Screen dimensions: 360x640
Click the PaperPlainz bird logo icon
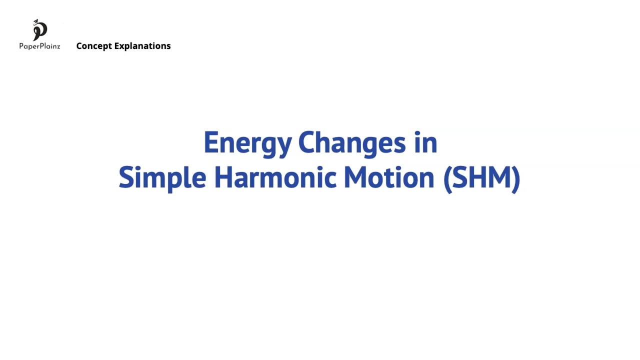point(39,30)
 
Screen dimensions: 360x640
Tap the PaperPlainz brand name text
point(39,46)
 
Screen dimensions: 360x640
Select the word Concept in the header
point(94,46)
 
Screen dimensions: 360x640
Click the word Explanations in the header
point(142,46)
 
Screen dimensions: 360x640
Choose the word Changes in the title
point(352,143)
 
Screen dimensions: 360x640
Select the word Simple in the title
point(162,178)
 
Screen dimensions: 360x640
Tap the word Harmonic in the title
point(274,178)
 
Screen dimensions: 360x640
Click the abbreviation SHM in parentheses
point(481,178)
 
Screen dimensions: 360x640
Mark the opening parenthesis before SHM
point(447,178)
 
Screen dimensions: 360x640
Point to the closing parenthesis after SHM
point(516,178)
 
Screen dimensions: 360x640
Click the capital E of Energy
point(210,143)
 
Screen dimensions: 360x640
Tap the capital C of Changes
point(306,143)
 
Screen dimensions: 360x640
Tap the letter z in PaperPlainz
point(57,46)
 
